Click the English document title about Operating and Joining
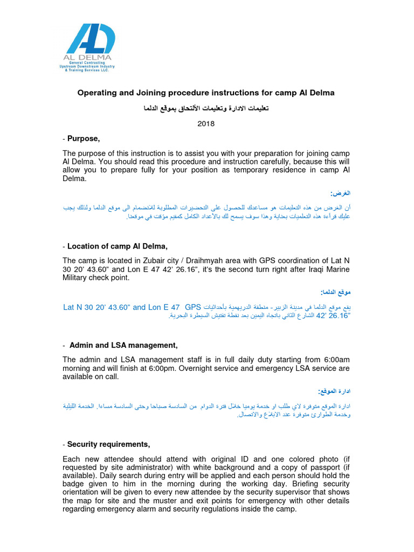point(206,93)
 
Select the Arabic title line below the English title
point(206,108)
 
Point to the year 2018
point(206,123)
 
